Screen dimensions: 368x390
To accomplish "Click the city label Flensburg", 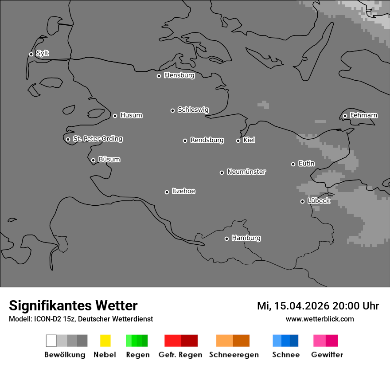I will (x=179, y=75).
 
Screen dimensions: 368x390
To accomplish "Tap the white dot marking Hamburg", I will (x=226, y=239).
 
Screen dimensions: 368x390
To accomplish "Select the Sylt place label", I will (x=43, y=54).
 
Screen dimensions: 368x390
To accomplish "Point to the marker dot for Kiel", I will (x=238, y=141).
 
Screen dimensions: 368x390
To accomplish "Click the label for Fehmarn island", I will (x=363, y=115).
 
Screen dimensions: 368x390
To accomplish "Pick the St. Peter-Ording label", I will (x=97, y=139).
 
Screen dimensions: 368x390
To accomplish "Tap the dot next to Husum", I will (x=115, y=116).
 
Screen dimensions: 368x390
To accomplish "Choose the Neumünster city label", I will (x=246, y=172).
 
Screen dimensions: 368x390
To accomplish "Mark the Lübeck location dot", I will (x=302, y=201).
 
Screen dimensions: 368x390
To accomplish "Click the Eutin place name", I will (x=306, y=164).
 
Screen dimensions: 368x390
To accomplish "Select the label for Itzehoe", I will (x=183, y=191).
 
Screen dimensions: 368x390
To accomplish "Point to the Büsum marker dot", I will (x=93, y=160).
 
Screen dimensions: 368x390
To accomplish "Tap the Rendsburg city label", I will (x=207, y=140).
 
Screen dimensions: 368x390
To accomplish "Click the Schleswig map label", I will (x=193, y=110).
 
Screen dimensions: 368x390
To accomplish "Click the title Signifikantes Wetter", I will (x=73, y=305).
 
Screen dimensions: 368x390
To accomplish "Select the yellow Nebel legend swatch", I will (x=105, y=341).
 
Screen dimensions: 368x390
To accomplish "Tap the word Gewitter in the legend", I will (x=327, y=355).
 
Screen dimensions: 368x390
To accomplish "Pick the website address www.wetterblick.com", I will (x=320, y=319).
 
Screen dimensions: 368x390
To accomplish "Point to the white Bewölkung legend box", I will (x=51, y=341).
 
